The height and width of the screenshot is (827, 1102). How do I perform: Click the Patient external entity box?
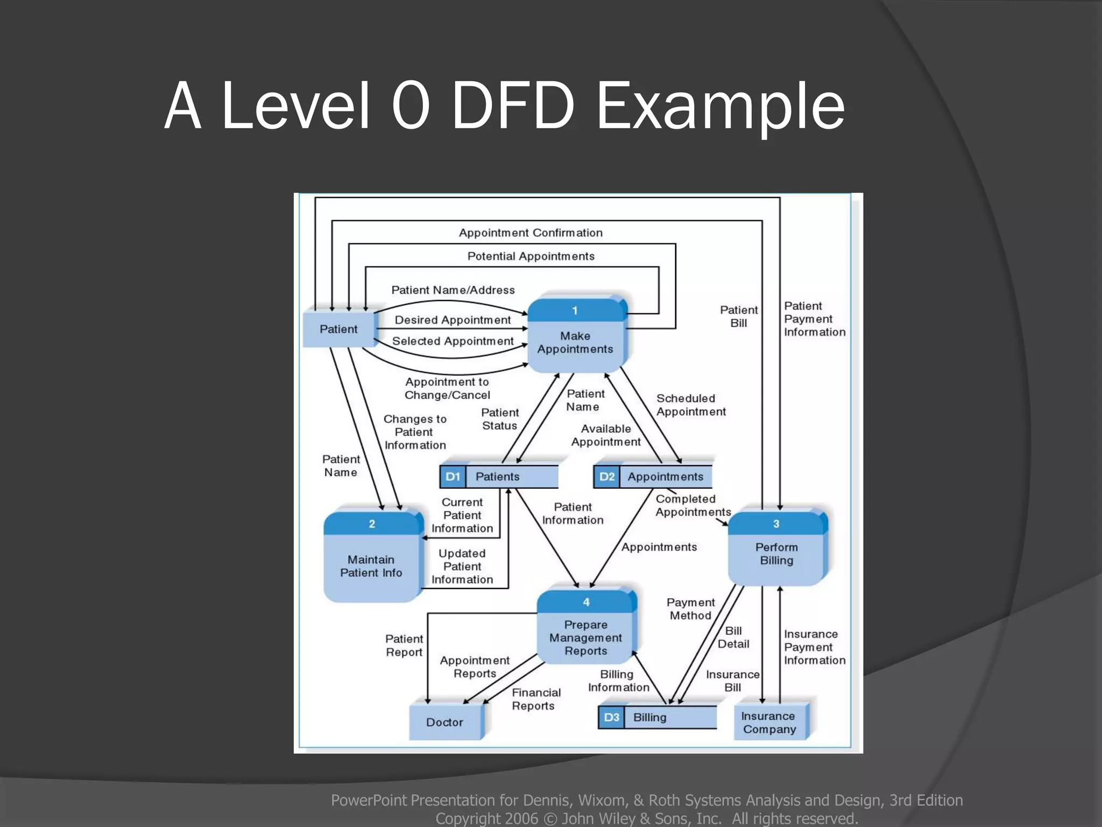coord(338,329)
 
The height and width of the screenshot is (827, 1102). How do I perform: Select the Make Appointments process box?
coord(575,342)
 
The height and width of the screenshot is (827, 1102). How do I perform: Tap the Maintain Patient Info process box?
coord(371,566)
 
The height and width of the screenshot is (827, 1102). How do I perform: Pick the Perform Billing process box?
coord(776,553)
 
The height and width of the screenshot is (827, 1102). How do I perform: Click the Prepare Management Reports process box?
coord(585,637)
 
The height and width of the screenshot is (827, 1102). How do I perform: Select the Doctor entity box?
coord(444,722)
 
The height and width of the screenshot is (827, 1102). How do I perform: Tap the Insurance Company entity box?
coord(769,723)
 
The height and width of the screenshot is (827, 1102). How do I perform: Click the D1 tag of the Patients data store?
coord(453,476)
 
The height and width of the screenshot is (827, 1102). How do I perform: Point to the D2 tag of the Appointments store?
coord(606,476)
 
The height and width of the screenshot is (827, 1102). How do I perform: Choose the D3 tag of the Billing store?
coord(611,717)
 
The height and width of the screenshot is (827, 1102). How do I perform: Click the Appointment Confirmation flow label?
coord(531,233)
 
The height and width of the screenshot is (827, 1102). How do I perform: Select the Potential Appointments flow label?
coord(531,256)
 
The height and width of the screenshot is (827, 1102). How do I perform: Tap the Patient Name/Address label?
coord(453,290)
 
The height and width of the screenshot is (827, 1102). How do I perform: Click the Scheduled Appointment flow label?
coord(691,405)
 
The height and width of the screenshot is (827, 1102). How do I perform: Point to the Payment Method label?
coord(690,609)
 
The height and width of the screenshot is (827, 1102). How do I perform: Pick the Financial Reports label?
coord(535,699)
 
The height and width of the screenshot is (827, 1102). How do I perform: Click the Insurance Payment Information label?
coord(814,647)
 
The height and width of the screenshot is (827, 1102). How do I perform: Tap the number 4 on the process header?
coord(586,602)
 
